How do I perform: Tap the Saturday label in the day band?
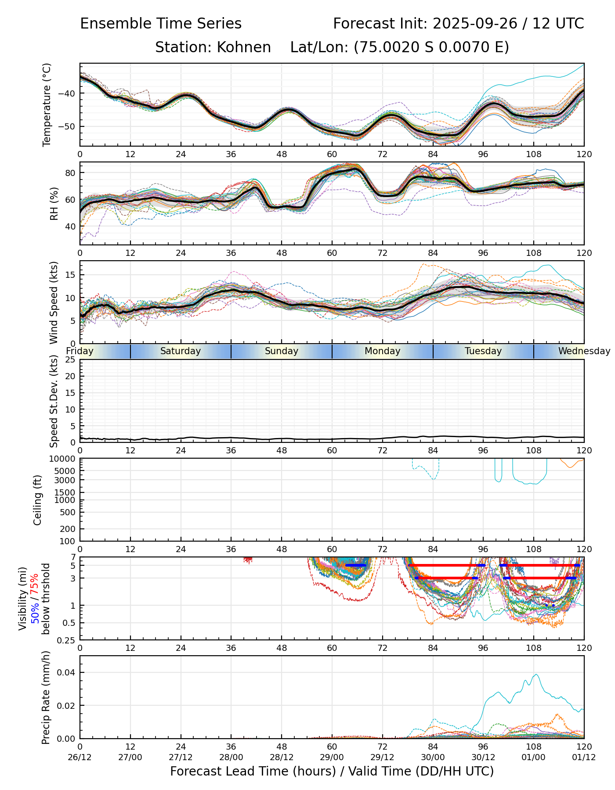pos(180,351)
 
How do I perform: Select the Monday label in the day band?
pos(382,351)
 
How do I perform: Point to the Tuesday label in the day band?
pos(483,351)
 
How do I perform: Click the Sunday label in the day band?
pos(281,351)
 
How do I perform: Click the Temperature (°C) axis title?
pos(47,104)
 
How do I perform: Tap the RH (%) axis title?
pos(54,204)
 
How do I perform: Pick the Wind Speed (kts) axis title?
pos(54,302)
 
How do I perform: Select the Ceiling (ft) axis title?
pos(38,500)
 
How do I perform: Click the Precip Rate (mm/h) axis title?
pos(46,697)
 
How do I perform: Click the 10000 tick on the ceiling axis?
pos(63,459)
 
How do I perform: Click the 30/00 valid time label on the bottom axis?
pos(433,757)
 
